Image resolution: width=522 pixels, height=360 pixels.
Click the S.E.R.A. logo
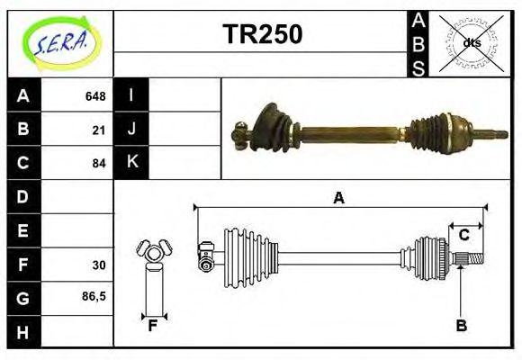point(59,42)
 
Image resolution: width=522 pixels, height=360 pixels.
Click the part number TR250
point(262,34)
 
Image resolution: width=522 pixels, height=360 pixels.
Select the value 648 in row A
point(95,96)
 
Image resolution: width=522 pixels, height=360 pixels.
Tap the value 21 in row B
point(99,130)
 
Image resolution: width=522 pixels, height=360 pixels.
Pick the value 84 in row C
point(99,164)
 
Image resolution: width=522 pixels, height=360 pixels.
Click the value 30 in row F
point(99,265)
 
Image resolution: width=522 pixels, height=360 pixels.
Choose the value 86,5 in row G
point(94,296)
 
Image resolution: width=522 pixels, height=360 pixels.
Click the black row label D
point(22,196)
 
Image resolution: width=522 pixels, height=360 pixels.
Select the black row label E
point(22,230)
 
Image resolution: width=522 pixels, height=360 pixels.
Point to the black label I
point(131,95)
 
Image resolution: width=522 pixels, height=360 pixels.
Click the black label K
point(131,163)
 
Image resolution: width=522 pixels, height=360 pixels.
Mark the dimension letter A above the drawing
point(338,198)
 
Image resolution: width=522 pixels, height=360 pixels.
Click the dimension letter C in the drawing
point(463,235)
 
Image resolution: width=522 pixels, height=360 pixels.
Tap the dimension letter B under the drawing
point(461,327)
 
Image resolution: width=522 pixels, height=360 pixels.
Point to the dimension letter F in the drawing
point(153,327)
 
